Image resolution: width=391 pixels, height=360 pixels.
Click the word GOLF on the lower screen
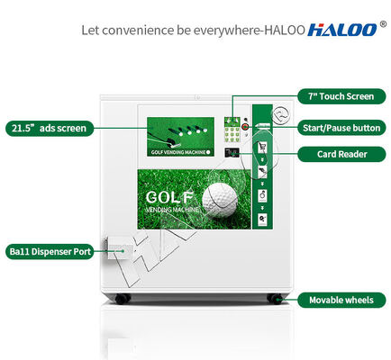pos(168,195)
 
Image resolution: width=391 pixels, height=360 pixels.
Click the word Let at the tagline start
pos(89,30)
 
